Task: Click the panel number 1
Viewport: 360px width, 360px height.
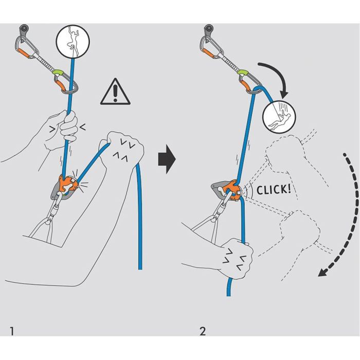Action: point(12,330)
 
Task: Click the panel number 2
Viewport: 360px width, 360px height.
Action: point(203,330)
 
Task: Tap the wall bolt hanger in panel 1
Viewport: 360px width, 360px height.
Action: point(24,29)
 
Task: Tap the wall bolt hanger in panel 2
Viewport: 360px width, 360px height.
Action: point(210,29)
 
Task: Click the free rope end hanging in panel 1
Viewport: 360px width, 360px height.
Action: point(139,247)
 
